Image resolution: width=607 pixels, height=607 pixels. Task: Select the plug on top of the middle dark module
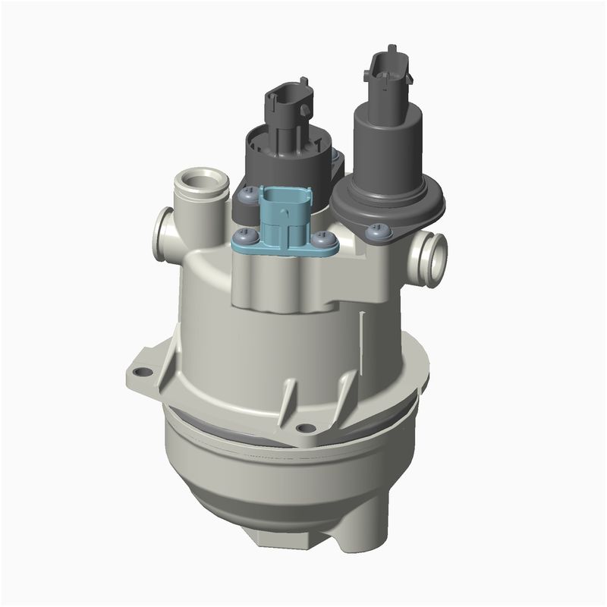(288, 99)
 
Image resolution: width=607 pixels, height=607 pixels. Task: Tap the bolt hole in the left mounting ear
(140, 373)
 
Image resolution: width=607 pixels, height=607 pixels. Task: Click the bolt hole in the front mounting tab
(306, 428)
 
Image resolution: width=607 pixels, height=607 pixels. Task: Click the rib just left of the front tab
(287, 402)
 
